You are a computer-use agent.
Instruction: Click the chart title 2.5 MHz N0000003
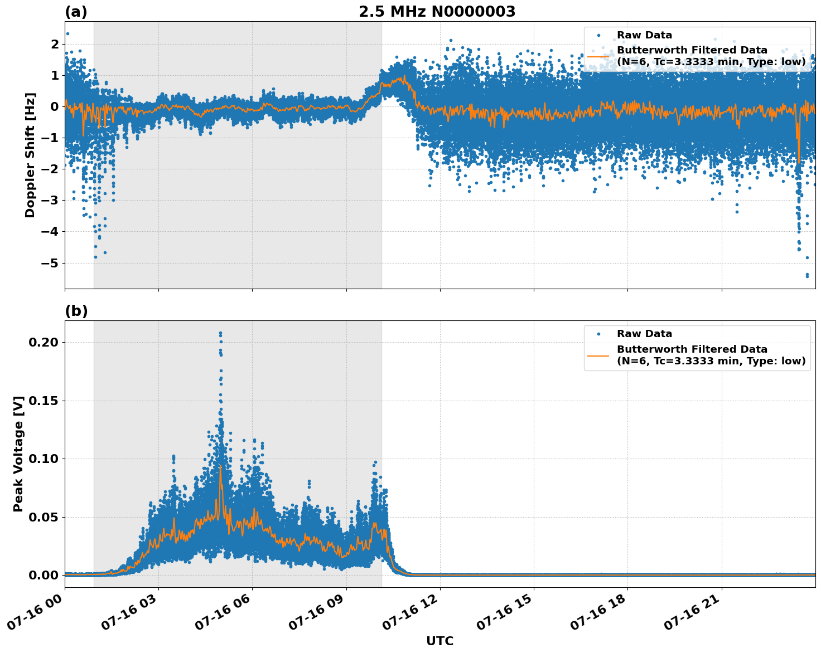[437, 12]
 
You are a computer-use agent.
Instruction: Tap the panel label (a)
[76, 12]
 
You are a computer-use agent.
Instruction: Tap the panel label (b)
[76, 311]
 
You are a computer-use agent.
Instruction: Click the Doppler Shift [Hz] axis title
[30, 155]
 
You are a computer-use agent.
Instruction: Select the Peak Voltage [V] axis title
[18, 454]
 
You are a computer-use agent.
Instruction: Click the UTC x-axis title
[440, 641]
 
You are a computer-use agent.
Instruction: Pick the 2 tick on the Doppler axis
[55, 44]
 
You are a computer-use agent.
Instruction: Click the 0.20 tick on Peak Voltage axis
[43, 342]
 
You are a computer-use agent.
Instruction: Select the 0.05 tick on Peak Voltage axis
[43, 517]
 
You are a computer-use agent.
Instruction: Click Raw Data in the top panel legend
[644, 35]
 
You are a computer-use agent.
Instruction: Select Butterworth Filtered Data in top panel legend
[692, 50]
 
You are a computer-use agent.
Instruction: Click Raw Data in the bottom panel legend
[644, 334]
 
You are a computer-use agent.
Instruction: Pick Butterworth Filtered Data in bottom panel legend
[692, 349]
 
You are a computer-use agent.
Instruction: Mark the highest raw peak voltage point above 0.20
[220, 333]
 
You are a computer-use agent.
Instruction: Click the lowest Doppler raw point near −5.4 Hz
[806, 276]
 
